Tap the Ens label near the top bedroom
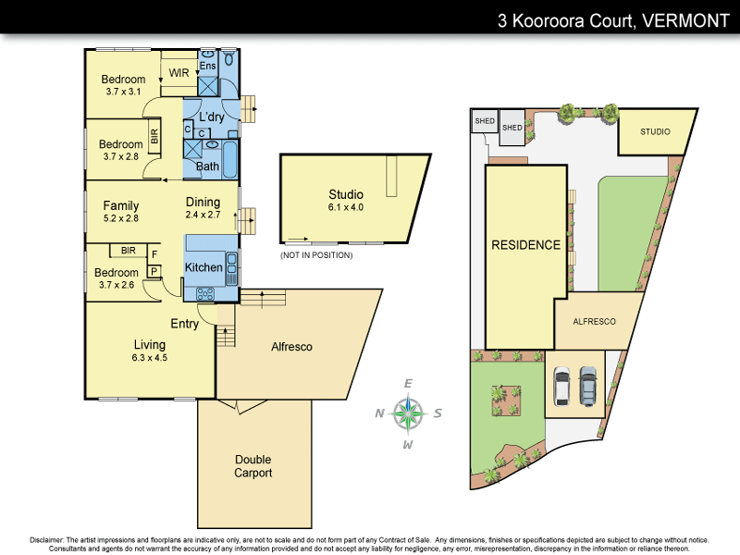(208, 65)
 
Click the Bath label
(207, 166)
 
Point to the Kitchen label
(203, 267)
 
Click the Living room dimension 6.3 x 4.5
(150, 356)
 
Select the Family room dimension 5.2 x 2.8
(120, 218)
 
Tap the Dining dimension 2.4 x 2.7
(203, 215)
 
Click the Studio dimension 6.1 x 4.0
(346, 207)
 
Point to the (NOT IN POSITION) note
(316, 254)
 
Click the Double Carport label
(253, 466)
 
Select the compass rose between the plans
(408, 413)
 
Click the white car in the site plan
(561, 386)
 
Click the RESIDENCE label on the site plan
(525, 245)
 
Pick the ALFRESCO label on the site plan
(595, 322)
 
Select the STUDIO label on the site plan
(661, 131)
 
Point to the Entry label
(185, 324)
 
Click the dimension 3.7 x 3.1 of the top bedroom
(123, 92)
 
